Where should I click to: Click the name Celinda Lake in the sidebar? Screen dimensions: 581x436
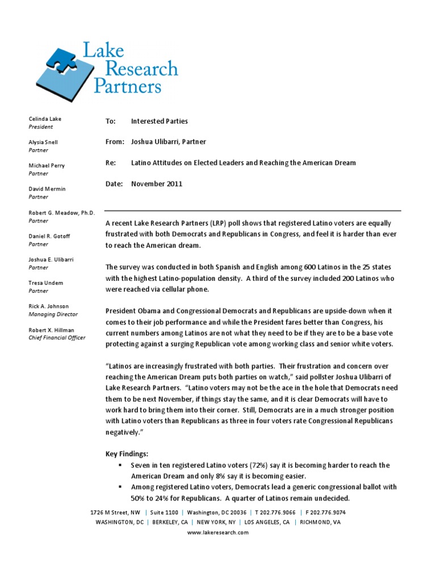tap(45, 119)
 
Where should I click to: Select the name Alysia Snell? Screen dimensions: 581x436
tap(43, 142)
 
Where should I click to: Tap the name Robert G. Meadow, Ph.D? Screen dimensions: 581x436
tap(62, 212)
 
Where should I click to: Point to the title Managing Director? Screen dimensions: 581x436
tap(53, 314)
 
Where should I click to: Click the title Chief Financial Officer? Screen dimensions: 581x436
tap(57, 338)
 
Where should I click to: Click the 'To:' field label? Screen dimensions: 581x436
tap(111, 121)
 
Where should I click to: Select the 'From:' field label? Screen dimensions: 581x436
tap(114, 142)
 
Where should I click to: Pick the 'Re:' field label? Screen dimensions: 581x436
tap(111, 163)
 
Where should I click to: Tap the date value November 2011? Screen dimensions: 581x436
tap(157, 184)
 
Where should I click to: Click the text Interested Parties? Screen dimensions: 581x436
tap(160, 121)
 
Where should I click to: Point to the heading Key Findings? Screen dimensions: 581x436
tap(127, 454)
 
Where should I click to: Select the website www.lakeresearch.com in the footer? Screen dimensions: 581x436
tap(218, 532)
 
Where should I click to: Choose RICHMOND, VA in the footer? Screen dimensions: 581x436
tap(320, 522)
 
